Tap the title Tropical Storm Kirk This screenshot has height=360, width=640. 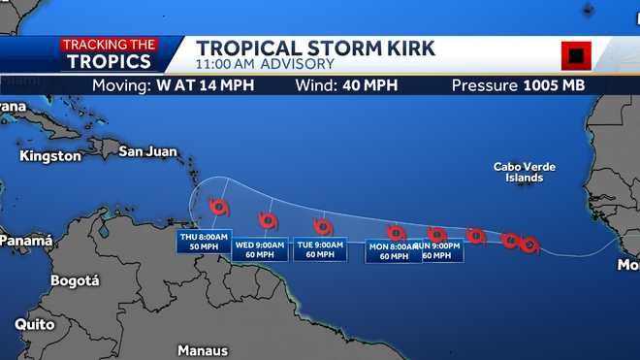click(315, 49)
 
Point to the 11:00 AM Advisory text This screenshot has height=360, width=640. click(265, 65)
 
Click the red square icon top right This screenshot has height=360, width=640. click(576, 55)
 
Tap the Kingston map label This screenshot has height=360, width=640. click(49, 155)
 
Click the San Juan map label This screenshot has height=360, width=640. click(147, 150)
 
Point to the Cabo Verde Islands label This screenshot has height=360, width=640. click(525, 173)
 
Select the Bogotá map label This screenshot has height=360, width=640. click(75, 280)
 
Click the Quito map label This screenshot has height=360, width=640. click(34, 325)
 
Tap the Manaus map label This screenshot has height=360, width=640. click(203, 350)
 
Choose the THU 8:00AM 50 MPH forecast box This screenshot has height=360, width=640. click(204, 242)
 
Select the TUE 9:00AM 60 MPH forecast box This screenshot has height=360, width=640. click(320, 249)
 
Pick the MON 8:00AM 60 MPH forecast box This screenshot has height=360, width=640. click(394, 251)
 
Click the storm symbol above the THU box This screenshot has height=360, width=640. click(219, 208)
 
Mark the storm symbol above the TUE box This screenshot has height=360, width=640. click(323, 227)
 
